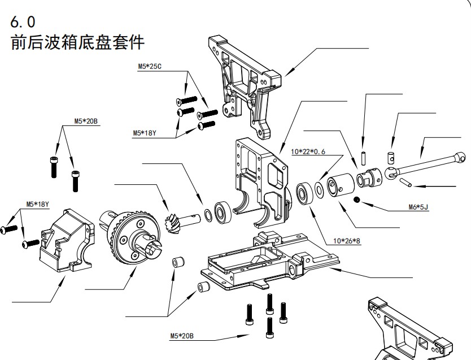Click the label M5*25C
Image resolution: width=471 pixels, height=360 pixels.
click(x=150, y=67)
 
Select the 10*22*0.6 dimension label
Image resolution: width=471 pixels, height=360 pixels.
click(x=308, y=152)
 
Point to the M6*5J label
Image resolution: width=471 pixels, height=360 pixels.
click(x=418, y=207)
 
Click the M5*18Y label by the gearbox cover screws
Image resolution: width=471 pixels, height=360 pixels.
click(x=37, y=204)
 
